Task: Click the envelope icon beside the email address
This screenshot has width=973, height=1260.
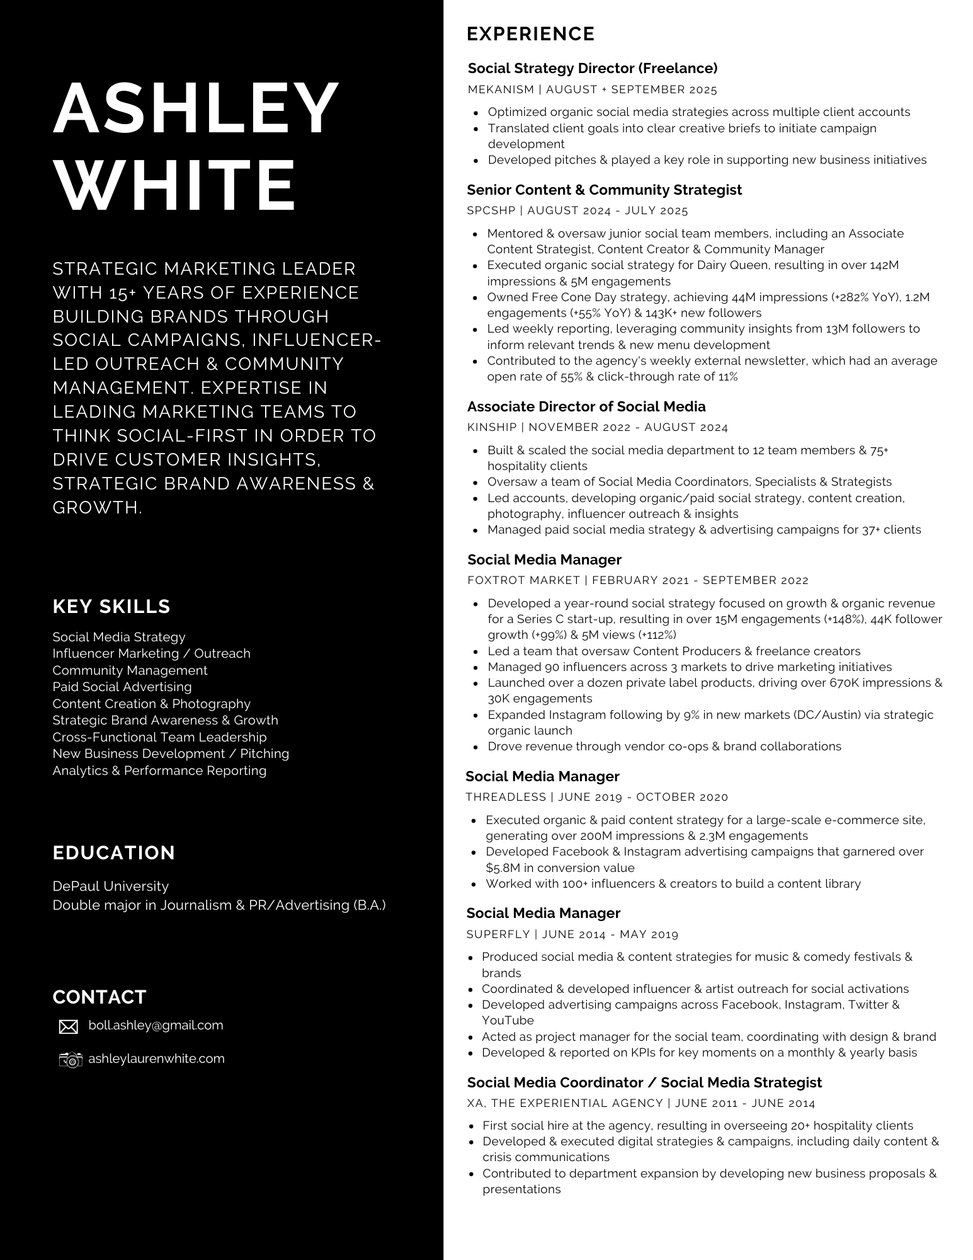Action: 68,1027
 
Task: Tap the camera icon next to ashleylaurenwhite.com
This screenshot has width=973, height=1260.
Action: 71,1060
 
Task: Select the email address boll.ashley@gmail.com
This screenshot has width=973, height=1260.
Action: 156,1026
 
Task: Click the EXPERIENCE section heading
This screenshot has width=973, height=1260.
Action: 530,34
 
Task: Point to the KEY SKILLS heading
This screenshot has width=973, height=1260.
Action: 111,607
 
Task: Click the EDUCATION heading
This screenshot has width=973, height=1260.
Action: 114,853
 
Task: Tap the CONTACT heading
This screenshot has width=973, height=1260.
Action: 100,997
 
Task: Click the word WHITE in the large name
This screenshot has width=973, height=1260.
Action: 175,186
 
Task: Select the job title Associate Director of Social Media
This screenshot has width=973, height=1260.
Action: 586,406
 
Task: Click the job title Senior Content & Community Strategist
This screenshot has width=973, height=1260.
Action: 605,190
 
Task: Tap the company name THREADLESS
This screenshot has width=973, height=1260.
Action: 506,797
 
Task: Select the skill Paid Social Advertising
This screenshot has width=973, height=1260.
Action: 122,687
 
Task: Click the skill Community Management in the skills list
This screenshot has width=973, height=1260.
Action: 130,670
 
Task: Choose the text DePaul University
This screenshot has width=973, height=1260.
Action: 111,886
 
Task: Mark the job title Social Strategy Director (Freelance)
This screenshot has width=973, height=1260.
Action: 593,68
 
